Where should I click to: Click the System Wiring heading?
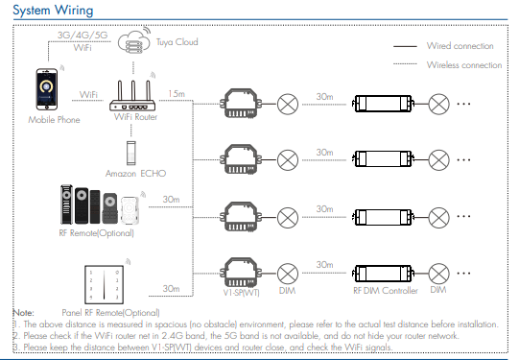(x=53, y=10)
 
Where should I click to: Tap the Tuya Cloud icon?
(x=134, y=41)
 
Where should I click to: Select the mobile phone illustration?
(x=47, y=89)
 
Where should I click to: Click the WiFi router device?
(x=132, y=95)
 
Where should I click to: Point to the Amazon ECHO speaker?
(x=131, y=153)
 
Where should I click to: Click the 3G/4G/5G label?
(x=83, y=36)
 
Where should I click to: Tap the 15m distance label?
(x=177, y=94)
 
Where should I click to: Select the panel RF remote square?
(x=104, y=284)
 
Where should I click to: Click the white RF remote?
(x=130, y=210)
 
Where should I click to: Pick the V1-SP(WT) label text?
(x=242, y=293)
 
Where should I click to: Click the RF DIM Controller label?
(x=386, y=291)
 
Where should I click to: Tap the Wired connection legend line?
(x=405, y=46)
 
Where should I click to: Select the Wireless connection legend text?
(x=464, y=65)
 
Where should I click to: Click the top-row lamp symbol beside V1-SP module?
(x=288, y=104)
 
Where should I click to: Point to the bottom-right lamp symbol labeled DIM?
(x=439, y=274)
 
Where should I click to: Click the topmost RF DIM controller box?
(x=383, y=104)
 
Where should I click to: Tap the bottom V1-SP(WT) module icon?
(x=241, y=273)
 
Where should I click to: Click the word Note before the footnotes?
(x=23, y=313)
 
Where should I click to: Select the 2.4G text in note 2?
(x=173, y=336)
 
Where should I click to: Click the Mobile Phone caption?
(x=54, y=120)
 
